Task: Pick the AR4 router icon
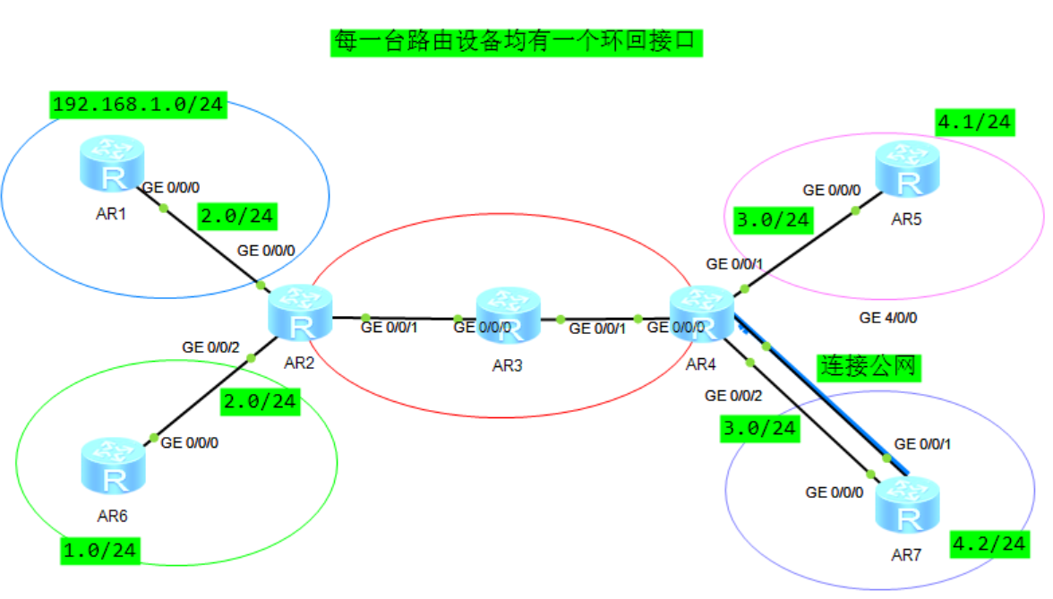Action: [x=703, y=313]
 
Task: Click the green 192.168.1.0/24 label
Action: [x=137, y=105]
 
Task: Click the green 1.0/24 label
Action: [x=100, y=550]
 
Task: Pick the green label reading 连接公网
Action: [x=869, y=366]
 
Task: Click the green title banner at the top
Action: [x=516, y=41]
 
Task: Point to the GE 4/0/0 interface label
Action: [x=888, y=317]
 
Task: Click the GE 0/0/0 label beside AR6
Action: [x=190, y=441]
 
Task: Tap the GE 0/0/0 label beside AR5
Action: [x=832, y=190]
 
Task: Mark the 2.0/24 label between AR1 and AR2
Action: [x=236, y=216]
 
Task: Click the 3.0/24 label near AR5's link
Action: [x=772, y=219]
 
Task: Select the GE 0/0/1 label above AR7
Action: [x=923, y=444]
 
